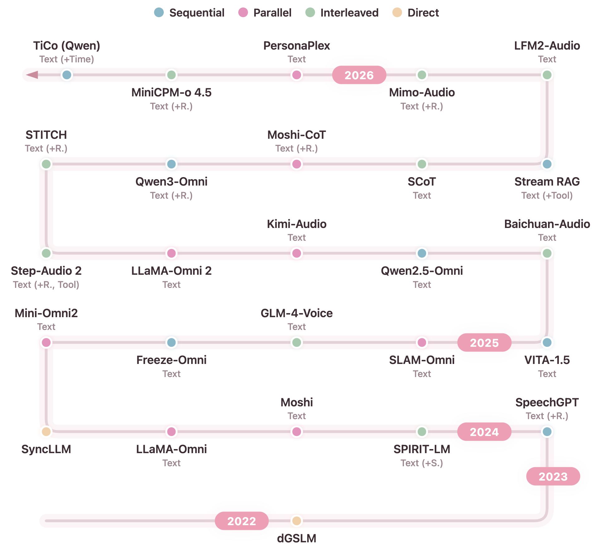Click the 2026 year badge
coord(359,75)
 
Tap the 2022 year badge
coord(241,521)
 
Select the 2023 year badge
coord(553,476)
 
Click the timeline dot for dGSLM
coord(296,520)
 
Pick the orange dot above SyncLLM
coord(46,432)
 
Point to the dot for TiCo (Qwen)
coord(67,75)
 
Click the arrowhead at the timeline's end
coord(32,75)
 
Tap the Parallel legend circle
coord(243,12)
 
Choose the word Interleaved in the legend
coord(349,13)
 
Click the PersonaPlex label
coord(296,46)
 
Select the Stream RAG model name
coord(547,182)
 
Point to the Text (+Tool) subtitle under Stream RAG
coord(547,196)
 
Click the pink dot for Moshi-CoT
coord(296,164)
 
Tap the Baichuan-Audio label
coord(547,224)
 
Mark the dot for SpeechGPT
coord(547,432)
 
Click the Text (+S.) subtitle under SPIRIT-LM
coord(422,463)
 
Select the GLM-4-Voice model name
coord(296,313)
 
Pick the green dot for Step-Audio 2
coord(46,253)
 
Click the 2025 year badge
coord(484,342)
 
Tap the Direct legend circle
coord(397,12)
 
